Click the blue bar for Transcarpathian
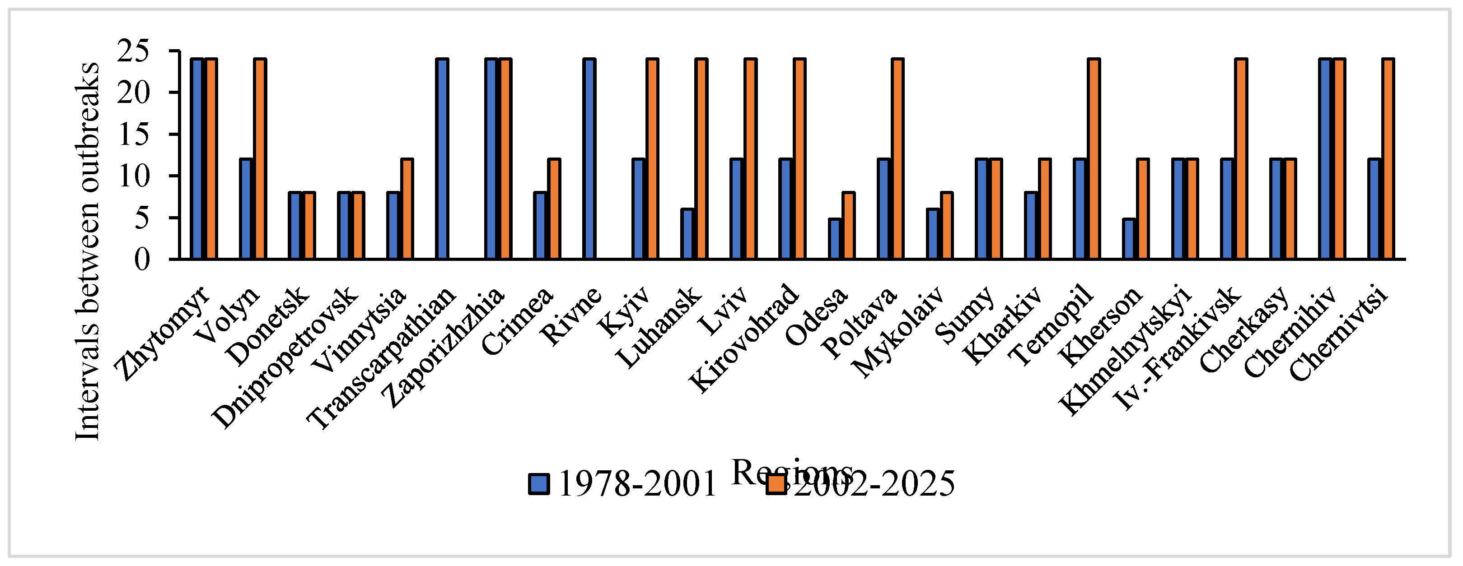(x=442, y=159)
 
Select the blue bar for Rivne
(x=589, y=159)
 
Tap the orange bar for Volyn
(x=260, y=159)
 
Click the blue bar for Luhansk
(x=687, y=234)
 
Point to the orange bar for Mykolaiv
(x=947, y=226)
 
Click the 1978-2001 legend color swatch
(x=539, y=484)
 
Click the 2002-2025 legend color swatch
(x=776, y=484)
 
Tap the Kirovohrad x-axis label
(x=744, y=337)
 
